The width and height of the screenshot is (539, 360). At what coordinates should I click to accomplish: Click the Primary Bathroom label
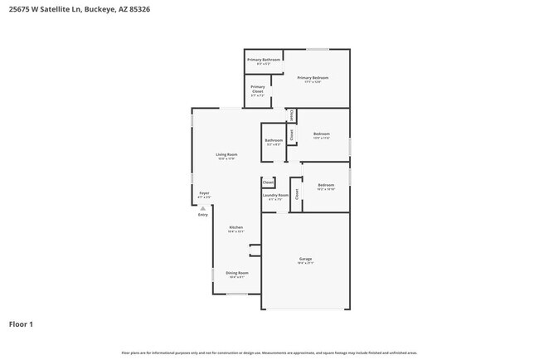(x=265, y=60)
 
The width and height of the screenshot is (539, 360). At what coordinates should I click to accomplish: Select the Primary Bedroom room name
(x=313, y=77)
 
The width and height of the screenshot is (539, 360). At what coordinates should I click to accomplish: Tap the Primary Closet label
(x=258, y=89)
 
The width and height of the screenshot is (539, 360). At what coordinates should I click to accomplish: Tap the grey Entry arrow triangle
(x=203, y=208)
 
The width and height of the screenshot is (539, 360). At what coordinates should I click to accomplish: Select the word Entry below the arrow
(x=203, y=216)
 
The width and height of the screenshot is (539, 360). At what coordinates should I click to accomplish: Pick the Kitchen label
(x=236, y=228)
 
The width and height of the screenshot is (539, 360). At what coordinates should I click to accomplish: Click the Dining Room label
(x=237, y=273)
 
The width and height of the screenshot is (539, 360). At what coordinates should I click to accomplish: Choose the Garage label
(x=306, y=260)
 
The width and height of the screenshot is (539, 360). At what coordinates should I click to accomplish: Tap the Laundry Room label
(x=275, y=196)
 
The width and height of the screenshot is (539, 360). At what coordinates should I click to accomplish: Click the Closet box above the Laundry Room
(x=269, y=182)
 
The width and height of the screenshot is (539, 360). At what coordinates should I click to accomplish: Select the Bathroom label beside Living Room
(x=274, y=140)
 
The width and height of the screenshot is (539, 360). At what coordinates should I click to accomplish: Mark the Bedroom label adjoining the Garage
(x=326, y=185)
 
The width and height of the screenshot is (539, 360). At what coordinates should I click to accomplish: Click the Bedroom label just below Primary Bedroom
(x=321, y=134)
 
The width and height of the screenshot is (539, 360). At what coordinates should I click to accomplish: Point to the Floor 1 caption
(x=21, y=324)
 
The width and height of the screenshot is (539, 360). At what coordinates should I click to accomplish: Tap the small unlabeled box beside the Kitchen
(x=255, y=250)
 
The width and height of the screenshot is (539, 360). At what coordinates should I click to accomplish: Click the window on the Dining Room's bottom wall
(x=237, y=294)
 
